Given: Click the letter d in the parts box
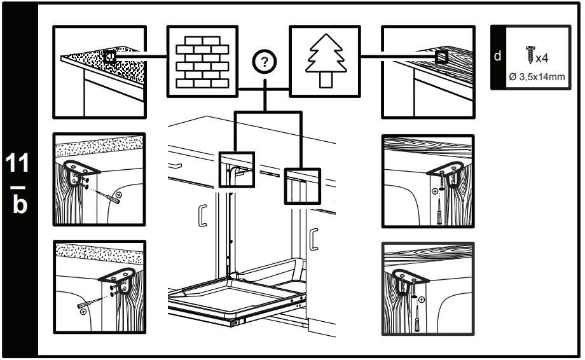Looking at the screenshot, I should (x=498, y=56).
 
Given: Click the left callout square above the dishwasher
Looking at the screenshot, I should (x=236, y=169).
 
